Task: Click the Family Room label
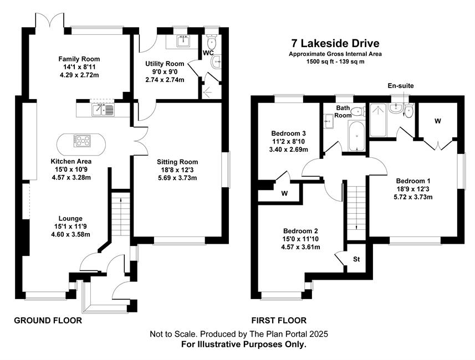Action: pyautogui.click(x=79, y=59)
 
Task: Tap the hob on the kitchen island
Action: pyautogui.click(x=82, y=141)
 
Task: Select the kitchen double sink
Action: pyautogui.click(x=103, y=110)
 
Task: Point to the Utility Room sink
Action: pyautogui.click(x=183, y=41)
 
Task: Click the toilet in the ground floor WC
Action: pyautogui.click(x=211, y=43)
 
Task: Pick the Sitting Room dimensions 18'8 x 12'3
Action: pyautogui.click(x=177, y=170)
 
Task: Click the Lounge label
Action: pyautogui.click(x=70, y=218)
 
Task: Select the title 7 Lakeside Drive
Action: pyautogui.click(x=335, y=43)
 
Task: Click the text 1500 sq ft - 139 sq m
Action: pyautogui.click(x=335, y=61)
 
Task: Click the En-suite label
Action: pyautogui.click(x=401, y=86)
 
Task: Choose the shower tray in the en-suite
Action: pyautogui.click(x=378, y=120)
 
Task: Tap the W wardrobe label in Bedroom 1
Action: pyautogui.click(x=437, y=121)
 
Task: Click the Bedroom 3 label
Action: pyautogui.click(x=288, y=133)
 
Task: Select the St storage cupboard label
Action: pyautogui.click(x=356, y=259)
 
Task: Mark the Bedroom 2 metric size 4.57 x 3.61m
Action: pyautogui.click(x=300, y=247)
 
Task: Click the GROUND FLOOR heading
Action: pyautogui.click(x=48, y=320)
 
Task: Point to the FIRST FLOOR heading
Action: pyautogui.click(x=279, y=320)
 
